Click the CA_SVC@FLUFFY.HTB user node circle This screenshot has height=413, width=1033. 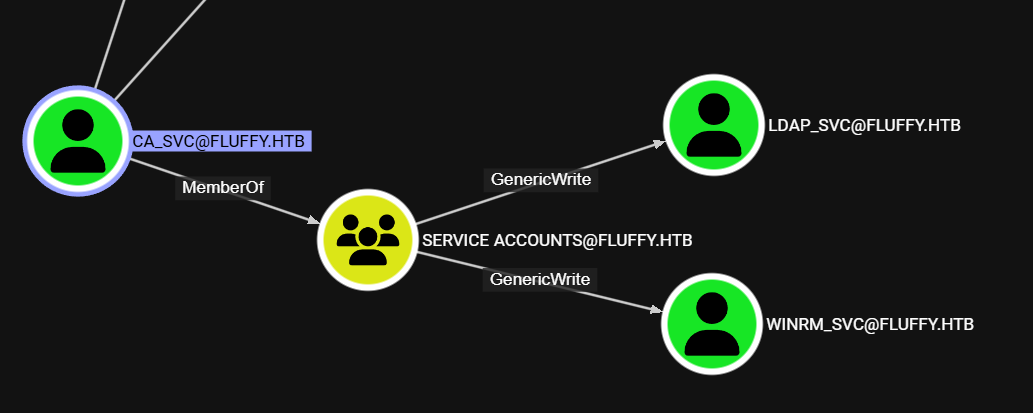pos(77,141)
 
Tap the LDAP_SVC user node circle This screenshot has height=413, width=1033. pos(713,125)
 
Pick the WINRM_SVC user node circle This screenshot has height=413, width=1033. pos(712,324)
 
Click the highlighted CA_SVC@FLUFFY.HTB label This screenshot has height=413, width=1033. pos(220,141)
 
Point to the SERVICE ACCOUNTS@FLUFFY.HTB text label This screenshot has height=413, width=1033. pos(557,241)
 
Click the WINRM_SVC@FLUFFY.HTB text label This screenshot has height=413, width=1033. pos(869,324)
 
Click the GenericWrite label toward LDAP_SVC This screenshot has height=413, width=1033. pos(540,180)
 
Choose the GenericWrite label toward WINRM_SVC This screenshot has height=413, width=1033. pos(540,279)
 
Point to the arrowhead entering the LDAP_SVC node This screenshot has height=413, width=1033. pos(657,143)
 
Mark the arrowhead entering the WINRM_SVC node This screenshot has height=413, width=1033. pos(655,310)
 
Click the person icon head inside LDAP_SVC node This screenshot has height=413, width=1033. pos(713,108)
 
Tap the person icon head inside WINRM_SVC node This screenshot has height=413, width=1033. pos(712,307)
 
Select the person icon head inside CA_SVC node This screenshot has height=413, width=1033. pos(77,124)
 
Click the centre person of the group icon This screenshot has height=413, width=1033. pos(367,238)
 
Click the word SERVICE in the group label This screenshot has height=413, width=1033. pos(455,241)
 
